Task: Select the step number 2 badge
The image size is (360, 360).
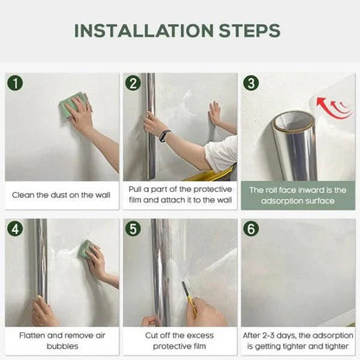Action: click(132, 84)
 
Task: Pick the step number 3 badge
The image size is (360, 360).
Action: click(251, 84)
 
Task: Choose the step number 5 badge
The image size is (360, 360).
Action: click(132, 230)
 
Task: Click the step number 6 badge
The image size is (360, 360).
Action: click(251, 230)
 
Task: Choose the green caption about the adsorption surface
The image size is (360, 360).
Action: click(298, 195)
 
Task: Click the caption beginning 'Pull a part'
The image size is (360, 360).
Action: click(179, 195)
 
